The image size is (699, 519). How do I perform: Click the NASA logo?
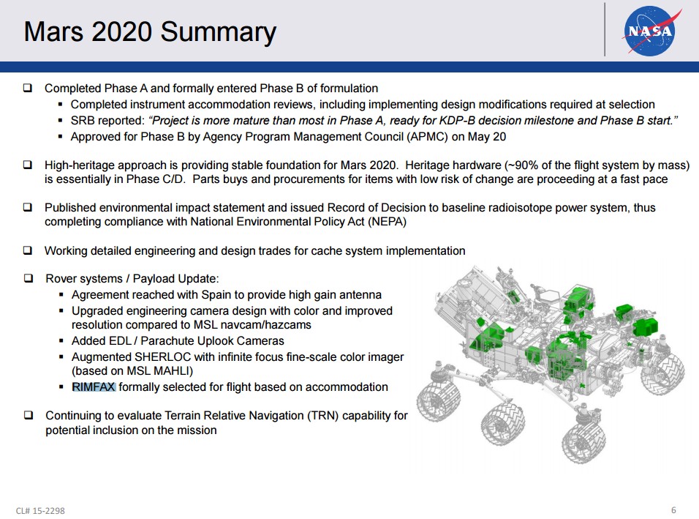649,30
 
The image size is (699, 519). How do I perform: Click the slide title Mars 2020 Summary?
150,32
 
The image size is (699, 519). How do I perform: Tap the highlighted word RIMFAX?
94,387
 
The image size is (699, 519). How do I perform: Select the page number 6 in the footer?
673,509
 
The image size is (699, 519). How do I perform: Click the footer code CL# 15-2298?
45,510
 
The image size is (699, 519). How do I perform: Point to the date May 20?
488,137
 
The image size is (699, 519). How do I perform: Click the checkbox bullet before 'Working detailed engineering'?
28,250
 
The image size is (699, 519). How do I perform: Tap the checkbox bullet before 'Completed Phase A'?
28,88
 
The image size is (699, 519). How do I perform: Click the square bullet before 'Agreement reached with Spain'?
62,295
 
